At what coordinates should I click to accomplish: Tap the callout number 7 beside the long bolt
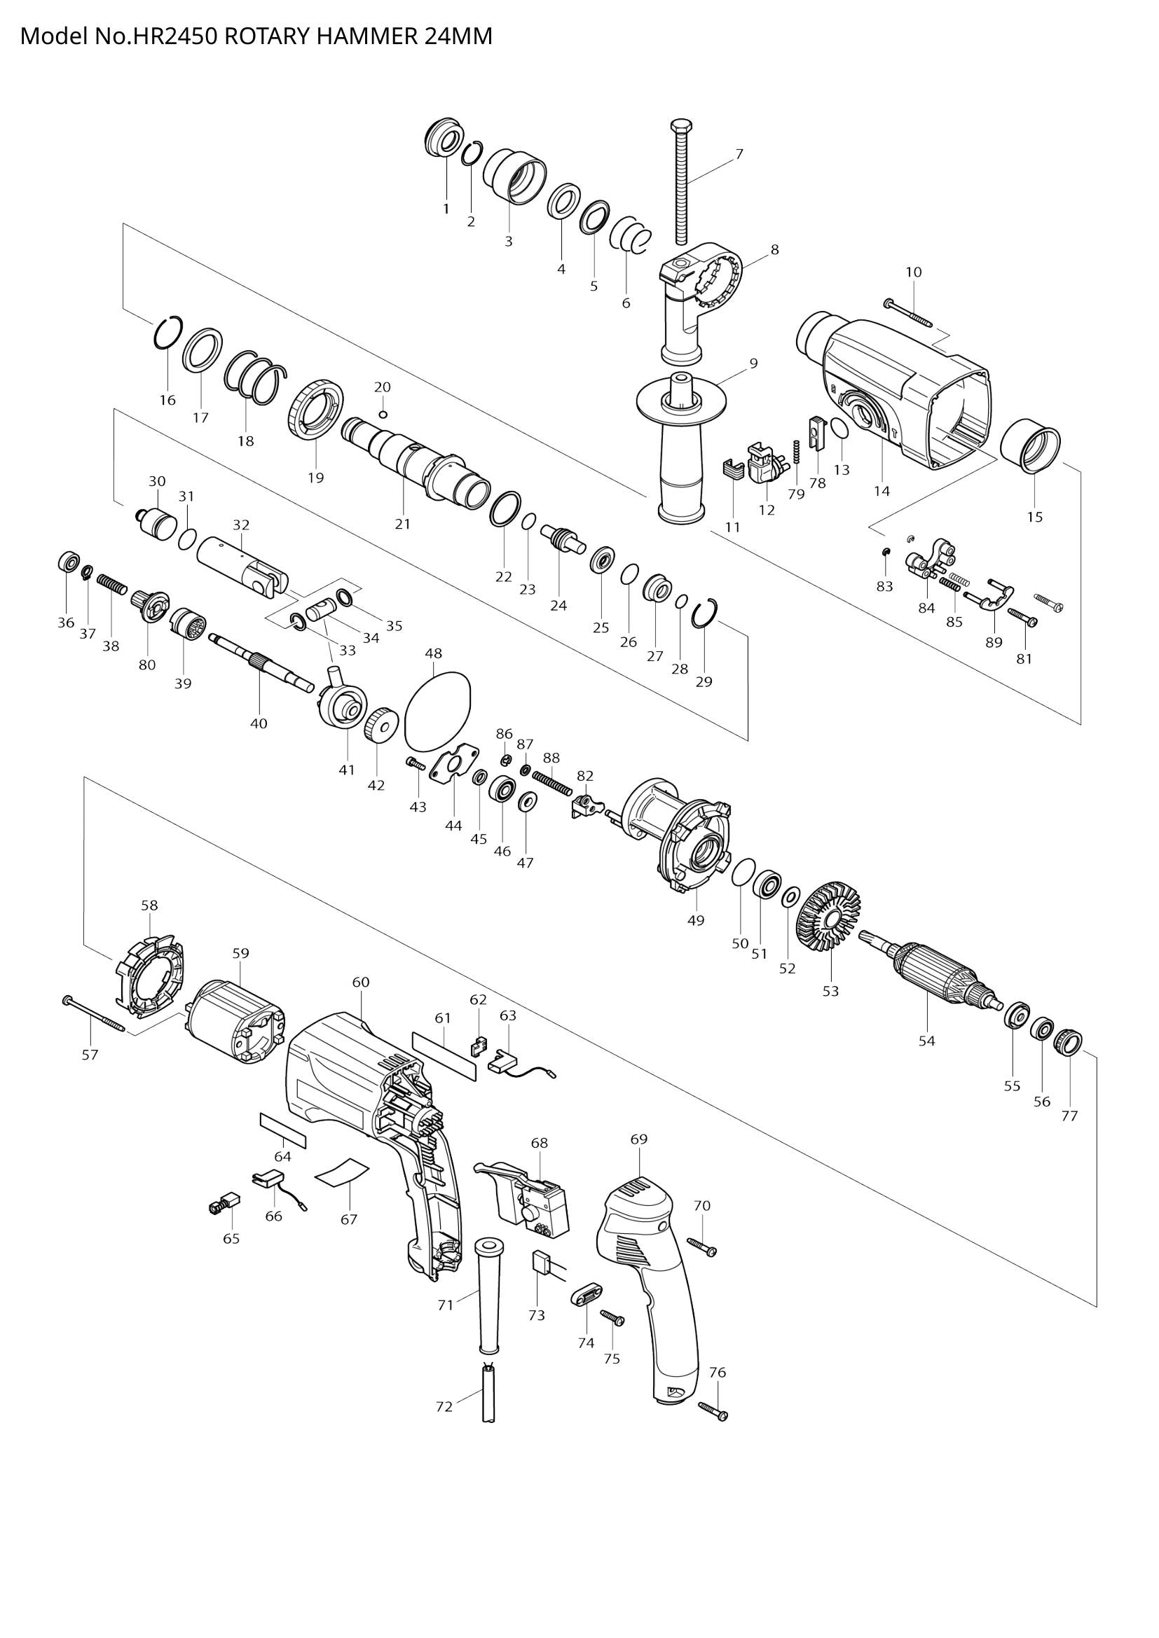click(739, 153)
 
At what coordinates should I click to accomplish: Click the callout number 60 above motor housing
click(361, 983)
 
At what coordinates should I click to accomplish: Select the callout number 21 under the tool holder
click(403, 524)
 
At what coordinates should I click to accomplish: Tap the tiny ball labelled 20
click(383, 415)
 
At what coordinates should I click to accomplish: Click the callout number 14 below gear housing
click(882, 491)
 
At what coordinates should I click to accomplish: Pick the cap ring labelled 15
click(1030, 449)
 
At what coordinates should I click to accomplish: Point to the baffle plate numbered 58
click(149, 977)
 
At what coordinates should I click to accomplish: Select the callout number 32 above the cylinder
click(241, 525)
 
